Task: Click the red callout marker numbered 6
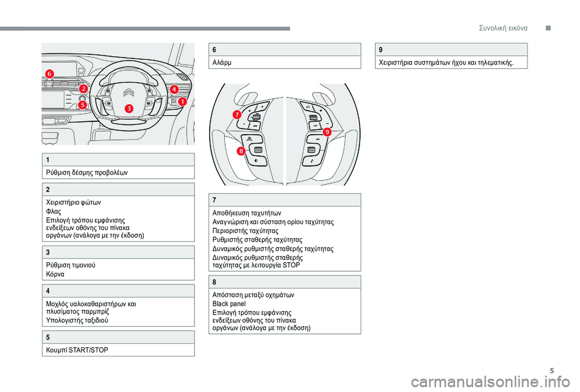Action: point(49,74)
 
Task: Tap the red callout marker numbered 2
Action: point(83,89)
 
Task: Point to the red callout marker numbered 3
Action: point(129,108)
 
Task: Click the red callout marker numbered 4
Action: point(174,89)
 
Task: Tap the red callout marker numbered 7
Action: point(237,114)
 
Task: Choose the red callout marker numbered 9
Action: point(327,132)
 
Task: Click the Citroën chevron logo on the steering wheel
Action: point(129,92)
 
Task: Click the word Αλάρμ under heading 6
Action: point(220,62)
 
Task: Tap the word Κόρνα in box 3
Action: point(55,273)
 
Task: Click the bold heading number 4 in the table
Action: point(47,291)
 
